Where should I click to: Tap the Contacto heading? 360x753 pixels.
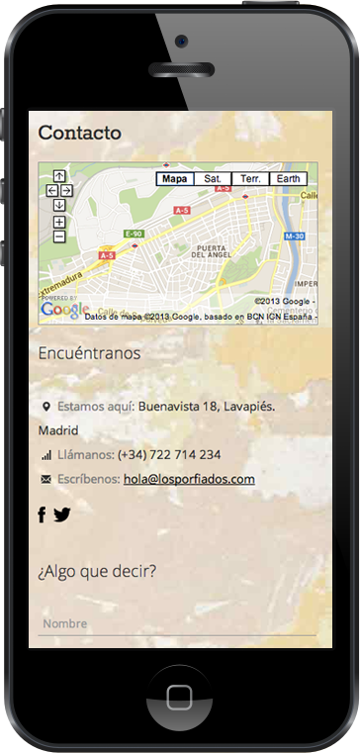tap(80, 133)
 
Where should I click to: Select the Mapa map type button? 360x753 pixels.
tap(174, 179)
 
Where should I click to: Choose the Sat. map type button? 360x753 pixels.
tap(212, 179)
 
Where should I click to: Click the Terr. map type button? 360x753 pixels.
tap(250, 179)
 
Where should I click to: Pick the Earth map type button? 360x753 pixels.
tap(288, 179)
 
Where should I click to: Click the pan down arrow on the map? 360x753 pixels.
tap(59, 205)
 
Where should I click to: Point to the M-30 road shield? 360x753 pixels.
tap(294, 236)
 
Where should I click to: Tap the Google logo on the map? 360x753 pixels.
tap(63, 310)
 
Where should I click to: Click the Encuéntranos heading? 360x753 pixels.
tap(89, 353)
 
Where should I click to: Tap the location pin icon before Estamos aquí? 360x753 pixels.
tap(45, 407)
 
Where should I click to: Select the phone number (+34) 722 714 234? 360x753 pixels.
tap(169, 455)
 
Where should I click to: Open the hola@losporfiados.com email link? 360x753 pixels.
tap(190, 479)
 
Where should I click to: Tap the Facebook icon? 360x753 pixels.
tap(43, 515)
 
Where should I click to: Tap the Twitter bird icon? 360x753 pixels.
tap(62, 515)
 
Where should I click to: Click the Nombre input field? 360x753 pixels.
tap(177, 624)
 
